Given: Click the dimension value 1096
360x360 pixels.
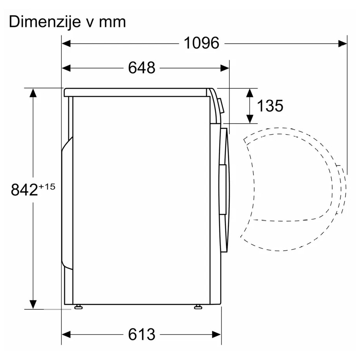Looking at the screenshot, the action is pos(202,43).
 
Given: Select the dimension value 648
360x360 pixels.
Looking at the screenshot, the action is pos(142,68).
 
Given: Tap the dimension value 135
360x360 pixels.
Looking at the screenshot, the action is pos(270,106).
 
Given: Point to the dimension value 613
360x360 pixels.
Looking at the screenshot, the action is pos(142,334).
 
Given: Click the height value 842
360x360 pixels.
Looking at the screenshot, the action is pos(24,190).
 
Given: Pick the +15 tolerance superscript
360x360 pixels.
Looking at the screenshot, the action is pos(47,186).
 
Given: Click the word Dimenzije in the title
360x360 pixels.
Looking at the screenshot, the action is pos(45,22).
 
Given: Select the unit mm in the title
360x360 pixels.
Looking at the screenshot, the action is pos(113,23).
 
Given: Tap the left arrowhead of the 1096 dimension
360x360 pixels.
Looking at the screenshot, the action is pos(66,43).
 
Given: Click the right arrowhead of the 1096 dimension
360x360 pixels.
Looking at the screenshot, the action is pos(342,43).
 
